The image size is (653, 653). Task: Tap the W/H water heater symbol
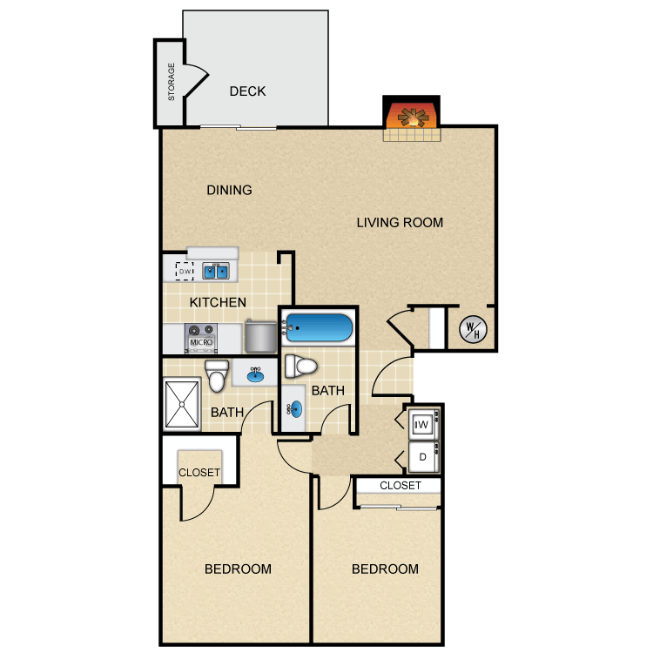pos(473,329)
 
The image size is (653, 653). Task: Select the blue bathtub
pos(319,327)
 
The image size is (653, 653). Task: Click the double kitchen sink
pos(216,271)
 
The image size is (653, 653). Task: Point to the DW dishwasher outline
pos(185,271)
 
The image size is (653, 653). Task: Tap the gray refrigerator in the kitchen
pos(260,336)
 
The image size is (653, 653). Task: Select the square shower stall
pos(182,404)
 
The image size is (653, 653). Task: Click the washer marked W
pos(423,424)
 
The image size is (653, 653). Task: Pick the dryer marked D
pos(423,457)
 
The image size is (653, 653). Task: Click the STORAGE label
pos(172,82)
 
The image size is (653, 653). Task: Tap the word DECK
pos(247,91)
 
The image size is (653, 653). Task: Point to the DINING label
pos(229,191)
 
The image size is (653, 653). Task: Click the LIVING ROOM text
pos(400,222)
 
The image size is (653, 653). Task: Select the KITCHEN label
pos(218,302)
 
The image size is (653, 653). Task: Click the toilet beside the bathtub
pos(300,367)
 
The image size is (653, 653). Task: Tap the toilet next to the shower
pos(217,375)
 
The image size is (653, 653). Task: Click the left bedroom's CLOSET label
pos(199,473)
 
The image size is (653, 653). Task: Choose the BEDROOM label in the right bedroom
pos(385,569)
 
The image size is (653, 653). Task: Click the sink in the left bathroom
pos(255,374)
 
